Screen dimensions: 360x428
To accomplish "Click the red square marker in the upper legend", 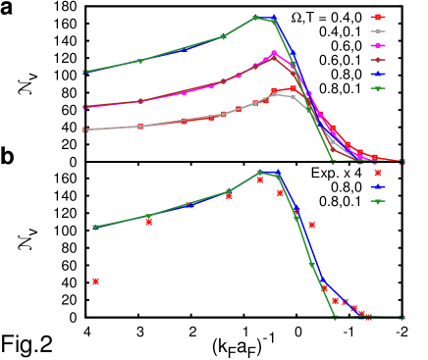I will coord(378,17).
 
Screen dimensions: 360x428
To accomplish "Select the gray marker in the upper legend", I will coord(378,31).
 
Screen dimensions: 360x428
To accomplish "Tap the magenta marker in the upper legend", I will coord(378,45).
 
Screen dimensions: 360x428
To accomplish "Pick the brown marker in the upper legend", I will coord(378,60).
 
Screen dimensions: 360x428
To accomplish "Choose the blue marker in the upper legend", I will coord(378,74).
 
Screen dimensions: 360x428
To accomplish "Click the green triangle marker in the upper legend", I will coord(378,88).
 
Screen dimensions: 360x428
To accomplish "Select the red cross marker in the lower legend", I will coord(378,173).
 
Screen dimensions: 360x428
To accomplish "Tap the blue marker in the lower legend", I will coord(378,186).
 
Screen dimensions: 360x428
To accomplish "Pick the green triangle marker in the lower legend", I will coord(378,201).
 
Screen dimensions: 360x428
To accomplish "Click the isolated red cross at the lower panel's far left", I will coord(95,282).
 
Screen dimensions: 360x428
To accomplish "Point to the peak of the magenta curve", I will coord(274,53).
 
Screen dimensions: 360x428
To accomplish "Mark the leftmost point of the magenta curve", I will coord(84,107).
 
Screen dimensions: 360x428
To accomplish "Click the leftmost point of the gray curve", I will coord(84,129).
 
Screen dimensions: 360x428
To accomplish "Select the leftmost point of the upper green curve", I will coord(84,72).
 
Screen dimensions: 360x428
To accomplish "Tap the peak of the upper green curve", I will coord(256,17).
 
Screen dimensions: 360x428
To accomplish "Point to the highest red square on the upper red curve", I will coord(293,88).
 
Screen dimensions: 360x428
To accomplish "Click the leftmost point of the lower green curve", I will coord(95,227).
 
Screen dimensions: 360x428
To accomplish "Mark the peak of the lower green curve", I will coord(260,172).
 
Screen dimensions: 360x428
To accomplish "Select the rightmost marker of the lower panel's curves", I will coord(401,317).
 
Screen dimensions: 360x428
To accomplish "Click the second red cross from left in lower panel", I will coord(148,222).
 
